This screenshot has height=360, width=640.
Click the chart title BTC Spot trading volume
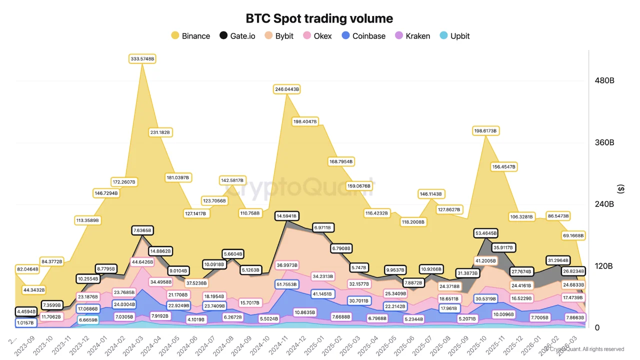click(x=319, y=18)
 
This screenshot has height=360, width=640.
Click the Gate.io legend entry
click(x=237, y=36)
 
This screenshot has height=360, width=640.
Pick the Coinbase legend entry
click(x=363, y=36)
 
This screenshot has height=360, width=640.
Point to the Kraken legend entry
click(x=412, y=36)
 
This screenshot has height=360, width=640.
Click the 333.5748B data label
click(x=143, y=59)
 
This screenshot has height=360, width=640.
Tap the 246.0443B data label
click(x=286, y=89)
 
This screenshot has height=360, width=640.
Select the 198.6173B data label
click(x=486, y=131)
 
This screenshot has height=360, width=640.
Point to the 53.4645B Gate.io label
click(x=486, y=233)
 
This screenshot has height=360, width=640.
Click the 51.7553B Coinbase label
click(x=286, y=284)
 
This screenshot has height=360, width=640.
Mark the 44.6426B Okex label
click(x=143, y=262)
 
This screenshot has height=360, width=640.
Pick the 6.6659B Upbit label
click(x=88, y=319)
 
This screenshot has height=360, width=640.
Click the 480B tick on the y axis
click(x=604, y=81)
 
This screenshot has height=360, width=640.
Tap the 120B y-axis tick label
click(x=604, y=266)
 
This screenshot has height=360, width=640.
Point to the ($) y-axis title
click(x=621, y=189)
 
